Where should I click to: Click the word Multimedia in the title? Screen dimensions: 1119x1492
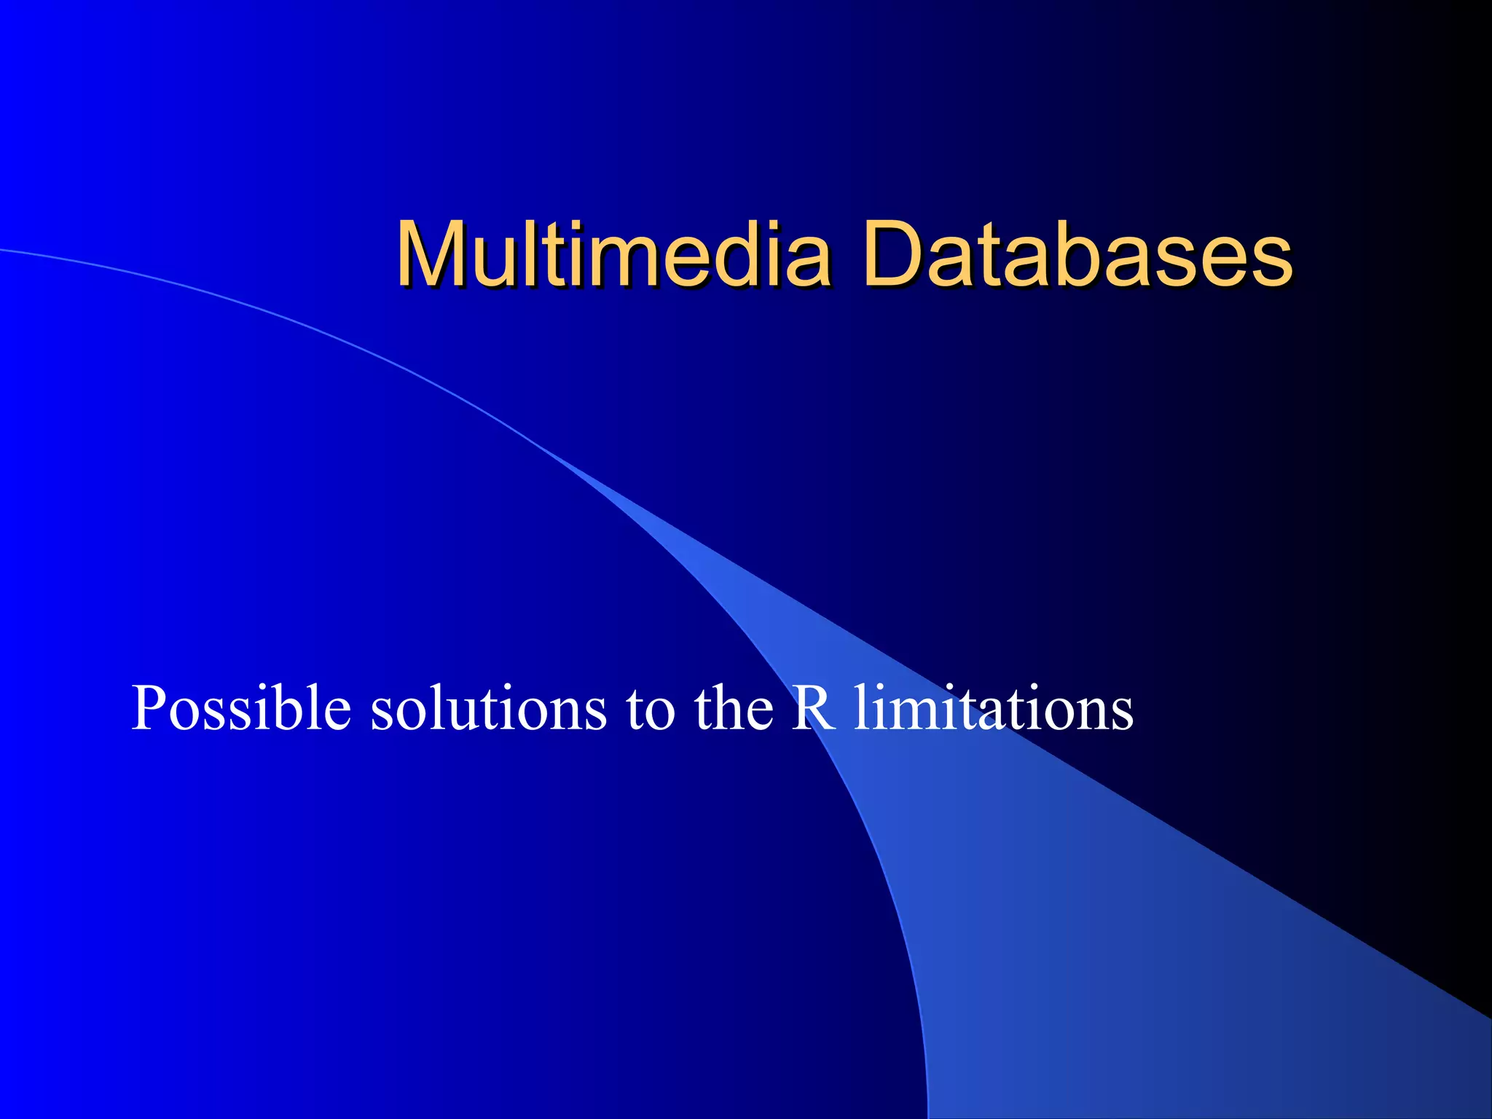(613, 255)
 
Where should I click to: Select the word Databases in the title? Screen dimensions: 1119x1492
(1077, 255)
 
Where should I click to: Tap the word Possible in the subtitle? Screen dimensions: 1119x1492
(241, 708)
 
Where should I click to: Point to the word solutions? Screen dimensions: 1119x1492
(488, 708)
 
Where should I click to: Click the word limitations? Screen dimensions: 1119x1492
(994, 708)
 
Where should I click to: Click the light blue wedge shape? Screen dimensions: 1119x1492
(1093, 911)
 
